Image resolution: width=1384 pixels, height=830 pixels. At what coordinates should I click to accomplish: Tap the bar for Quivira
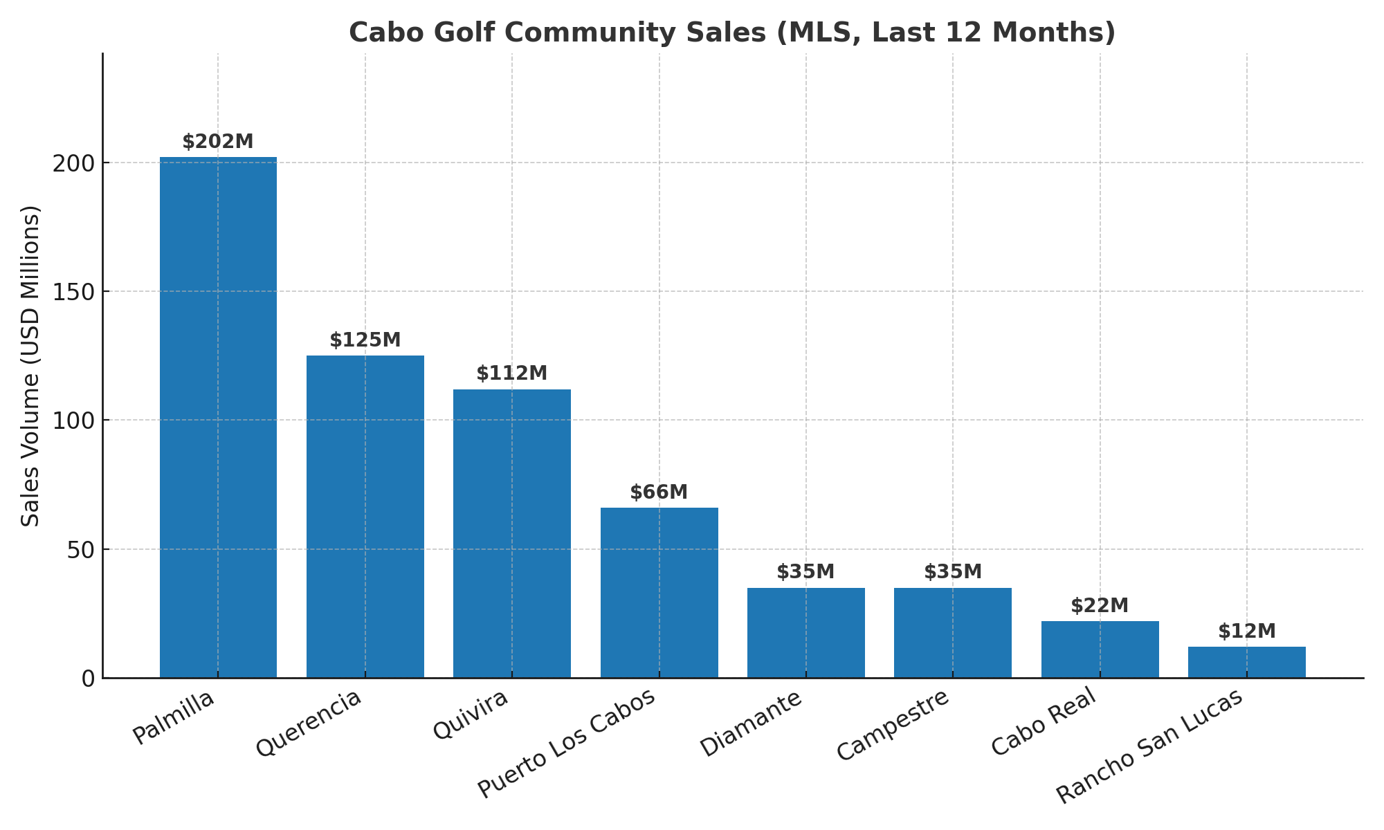512,533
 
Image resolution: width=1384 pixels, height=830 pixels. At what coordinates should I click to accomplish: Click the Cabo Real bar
1100,649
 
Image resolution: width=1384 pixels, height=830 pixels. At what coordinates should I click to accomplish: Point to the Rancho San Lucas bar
1246,662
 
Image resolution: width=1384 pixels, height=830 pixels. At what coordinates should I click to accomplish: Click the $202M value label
218,142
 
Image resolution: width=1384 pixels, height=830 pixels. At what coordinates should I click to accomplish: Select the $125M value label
365,340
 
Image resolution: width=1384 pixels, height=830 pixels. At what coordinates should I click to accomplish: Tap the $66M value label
659,492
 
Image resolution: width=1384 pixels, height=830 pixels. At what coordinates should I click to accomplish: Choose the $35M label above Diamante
805,572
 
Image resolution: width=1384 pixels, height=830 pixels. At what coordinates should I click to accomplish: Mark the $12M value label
1246,631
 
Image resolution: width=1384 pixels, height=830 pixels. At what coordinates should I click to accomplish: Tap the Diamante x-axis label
752,723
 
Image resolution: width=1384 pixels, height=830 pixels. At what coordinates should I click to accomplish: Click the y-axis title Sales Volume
30,366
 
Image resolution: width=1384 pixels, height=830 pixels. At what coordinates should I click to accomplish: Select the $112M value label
512,373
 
